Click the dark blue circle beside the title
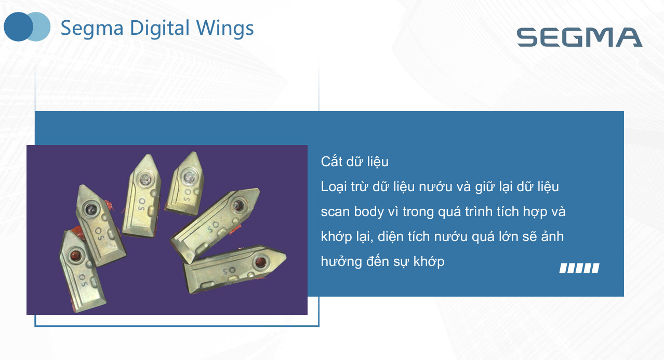click(18, 26)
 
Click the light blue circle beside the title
click(41, 26)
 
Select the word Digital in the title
click(160, 29)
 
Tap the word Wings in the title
click(225, 29)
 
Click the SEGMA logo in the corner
click(579, 37)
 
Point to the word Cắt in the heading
click(331, 162)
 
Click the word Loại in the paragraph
click(334, 187)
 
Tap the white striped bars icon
click(579, 268)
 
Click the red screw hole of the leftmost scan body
click(75, 255)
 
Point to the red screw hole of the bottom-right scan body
click(261, 262)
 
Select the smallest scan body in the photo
click(185, 184)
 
